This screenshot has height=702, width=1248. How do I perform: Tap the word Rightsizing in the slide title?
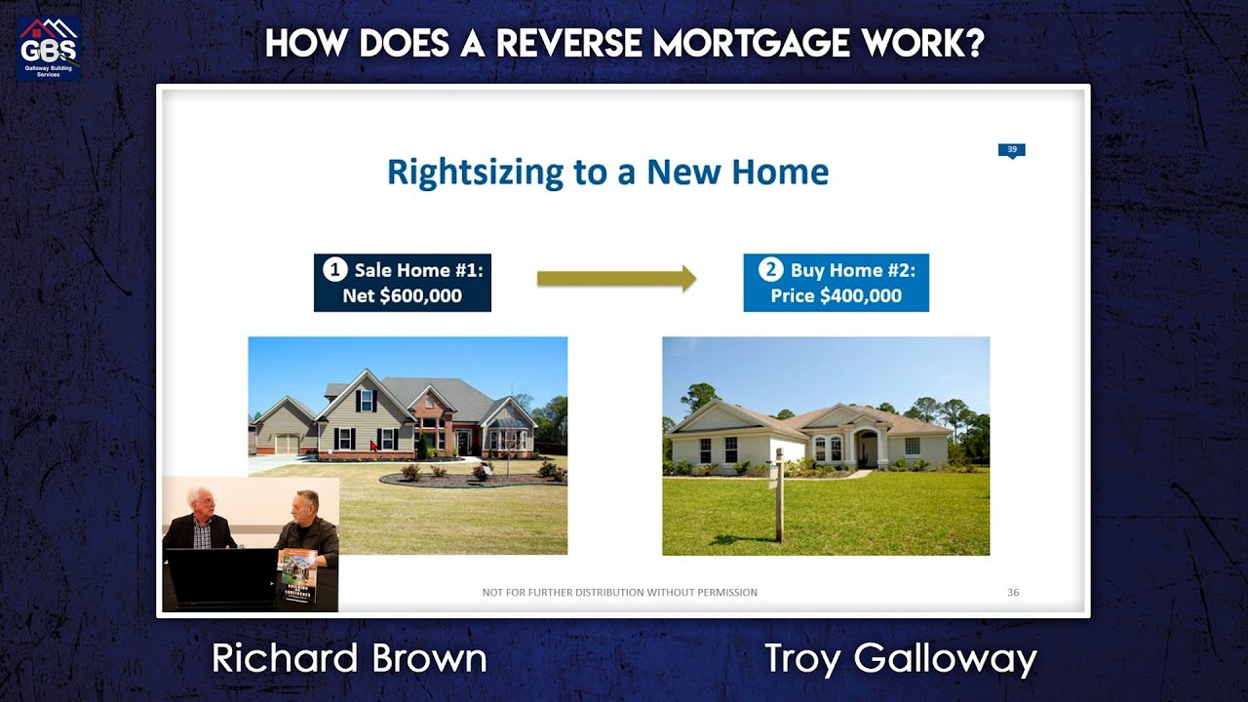(476, 173)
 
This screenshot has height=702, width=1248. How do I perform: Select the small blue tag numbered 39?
(1011, 150)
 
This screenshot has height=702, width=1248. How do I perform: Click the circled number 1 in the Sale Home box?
(333, 270)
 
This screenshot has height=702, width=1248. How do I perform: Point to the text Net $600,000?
(402, 295)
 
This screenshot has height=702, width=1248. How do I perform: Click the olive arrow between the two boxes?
(616, 278)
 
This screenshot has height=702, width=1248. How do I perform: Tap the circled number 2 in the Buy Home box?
(769, 270)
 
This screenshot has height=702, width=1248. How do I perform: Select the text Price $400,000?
(836, 295)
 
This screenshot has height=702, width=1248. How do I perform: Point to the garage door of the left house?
(287, 444)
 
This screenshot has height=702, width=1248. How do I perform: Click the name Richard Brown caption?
(349, 658)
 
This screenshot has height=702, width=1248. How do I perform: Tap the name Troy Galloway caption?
(900, 658)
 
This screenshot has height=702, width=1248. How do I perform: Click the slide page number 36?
(1013, 592)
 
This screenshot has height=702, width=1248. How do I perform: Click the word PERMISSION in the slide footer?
(727, 592)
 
